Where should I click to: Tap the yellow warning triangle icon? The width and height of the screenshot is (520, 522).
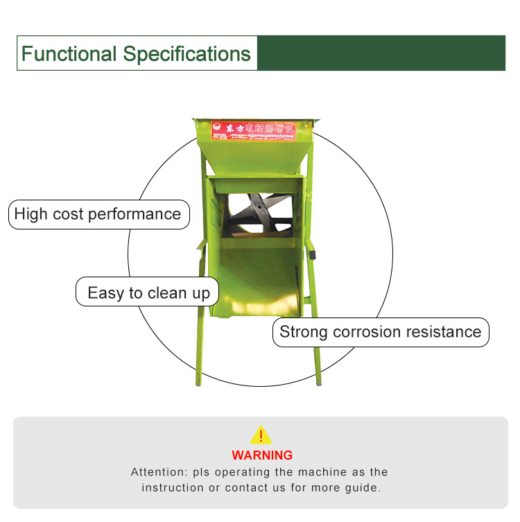coord(261,435)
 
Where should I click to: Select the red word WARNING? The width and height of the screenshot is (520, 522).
coord(262,455)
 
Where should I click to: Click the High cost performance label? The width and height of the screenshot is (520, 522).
coord(98,214)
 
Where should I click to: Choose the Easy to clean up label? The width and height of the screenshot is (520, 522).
coord(148,293)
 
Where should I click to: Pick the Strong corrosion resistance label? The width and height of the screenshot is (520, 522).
coord(380,331)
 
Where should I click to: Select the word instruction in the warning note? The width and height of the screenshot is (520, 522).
coord(172,487)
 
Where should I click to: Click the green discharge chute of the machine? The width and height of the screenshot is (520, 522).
coord(257,277)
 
